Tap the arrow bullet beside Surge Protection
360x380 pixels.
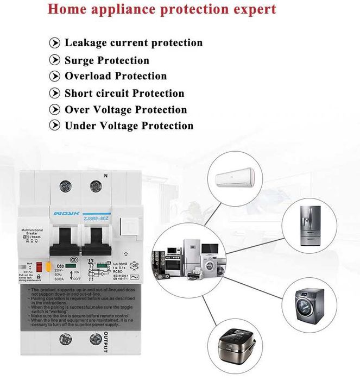coord(55,60)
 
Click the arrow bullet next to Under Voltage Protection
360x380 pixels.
coord(55,126)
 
